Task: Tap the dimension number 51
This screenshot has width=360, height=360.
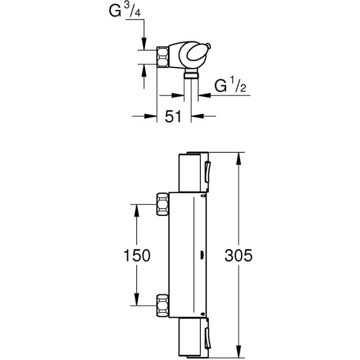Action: (173, 117)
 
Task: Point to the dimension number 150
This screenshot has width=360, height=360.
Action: (136, 256)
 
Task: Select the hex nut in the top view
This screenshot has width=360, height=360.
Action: (163, 57)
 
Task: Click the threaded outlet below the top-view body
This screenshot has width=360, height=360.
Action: (191, 75)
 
